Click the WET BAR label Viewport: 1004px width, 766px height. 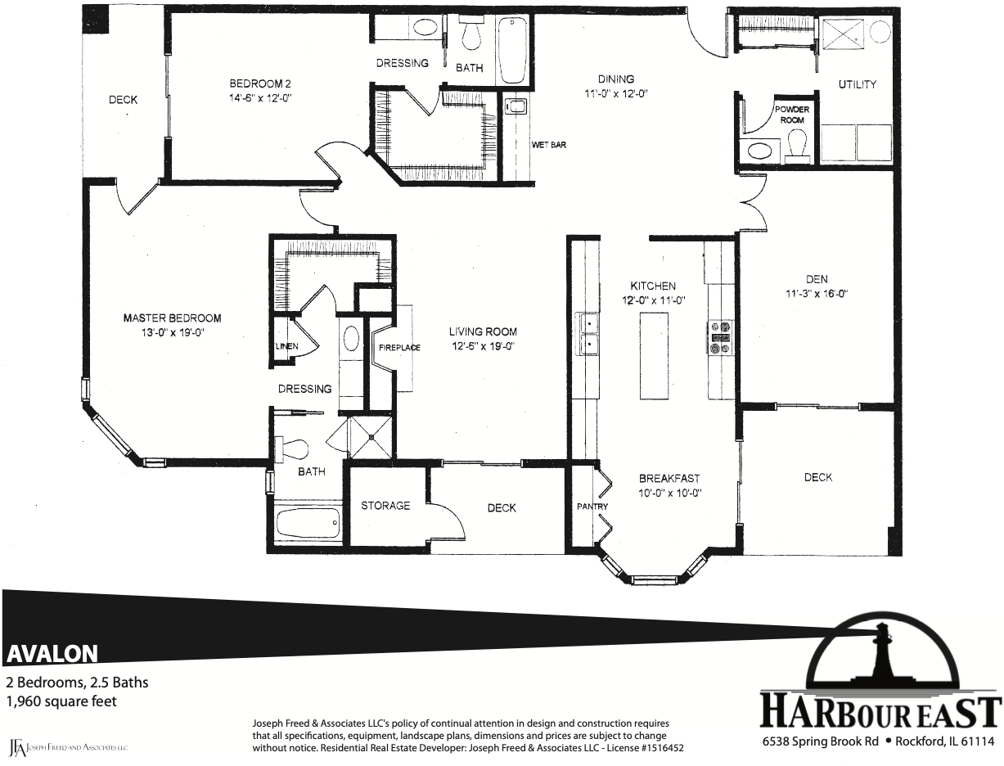[548, 145]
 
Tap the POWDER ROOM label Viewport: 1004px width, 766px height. [792, 115]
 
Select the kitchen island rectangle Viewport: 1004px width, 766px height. [653, 356]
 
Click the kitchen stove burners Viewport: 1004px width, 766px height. [720, 338]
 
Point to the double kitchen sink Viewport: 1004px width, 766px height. [588, 334]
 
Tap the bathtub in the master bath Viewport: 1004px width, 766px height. [309, 523]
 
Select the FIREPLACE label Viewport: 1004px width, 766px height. [399, 348]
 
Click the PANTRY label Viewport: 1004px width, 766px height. [592, 507]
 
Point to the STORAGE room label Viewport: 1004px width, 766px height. [385, 506]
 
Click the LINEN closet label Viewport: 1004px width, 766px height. [287, 346]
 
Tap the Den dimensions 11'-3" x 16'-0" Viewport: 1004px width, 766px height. [817, 294]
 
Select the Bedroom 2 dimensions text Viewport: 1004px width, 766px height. [260, 98]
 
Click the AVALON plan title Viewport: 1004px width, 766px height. [52, 654]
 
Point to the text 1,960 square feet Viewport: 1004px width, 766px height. [61, 701]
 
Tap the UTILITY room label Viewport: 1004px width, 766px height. [858, 84]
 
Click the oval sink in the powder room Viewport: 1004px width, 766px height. [759, 150]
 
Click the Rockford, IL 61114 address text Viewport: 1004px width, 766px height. [944, 741]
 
